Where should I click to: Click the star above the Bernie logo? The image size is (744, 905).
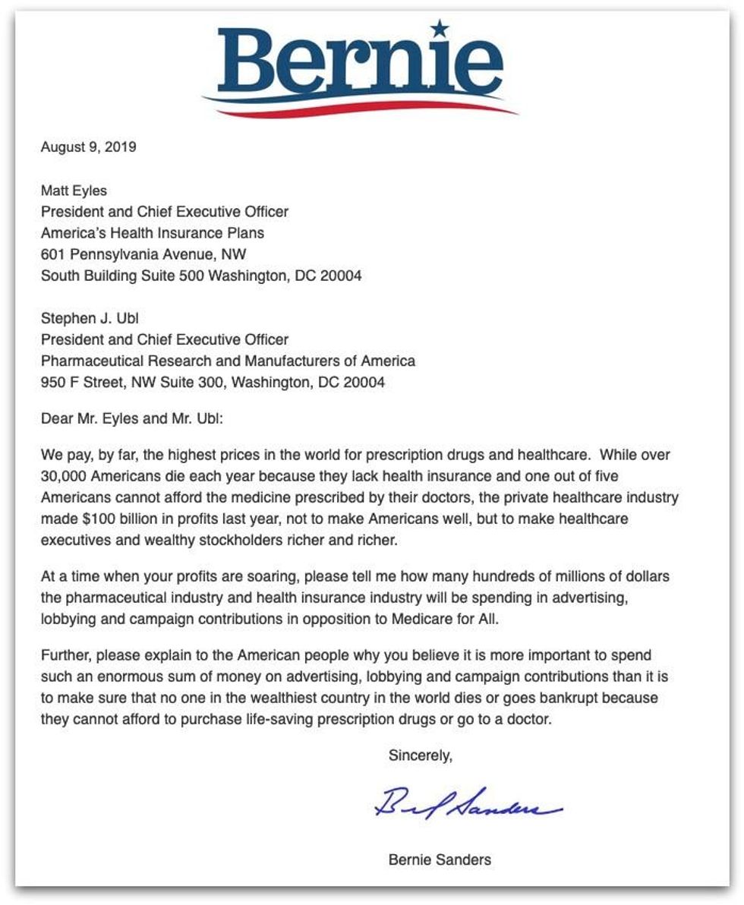click(x=439, y=29)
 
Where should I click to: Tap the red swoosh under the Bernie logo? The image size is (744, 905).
click(x=364, y=109)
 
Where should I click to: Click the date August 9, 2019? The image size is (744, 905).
click(x=89, y=147)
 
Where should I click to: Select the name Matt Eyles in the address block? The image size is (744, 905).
click(x=74, y=191)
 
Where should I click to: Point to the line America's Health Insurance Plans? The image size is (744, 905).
click(x=153, y=233)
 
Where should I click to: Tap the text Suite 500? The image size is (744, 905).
click(x=171, y=276)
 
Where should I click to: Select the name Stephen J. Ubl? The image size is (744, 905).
click(x=90, y=318)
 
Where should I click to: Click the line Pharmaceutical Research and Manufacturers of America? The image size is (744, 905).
click(x=228, y=361)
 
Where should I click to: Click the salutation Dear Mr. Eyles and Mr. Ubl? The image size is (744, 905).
click(x=132, y=418)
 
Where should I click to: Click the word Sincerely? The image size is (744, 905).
click(x=421, y=755)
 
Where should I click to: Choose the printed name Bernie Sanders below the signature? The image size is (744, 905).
click(x=440, y=859)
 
